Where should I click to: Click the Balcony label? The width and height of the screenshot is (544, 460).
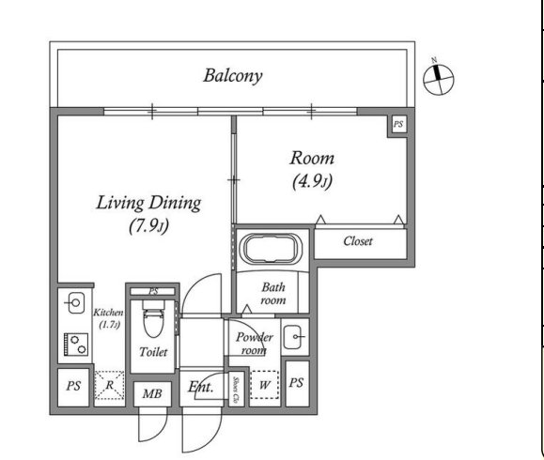point(232,76)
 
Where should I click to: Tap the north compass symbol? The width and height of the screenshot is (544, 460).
point(439,79)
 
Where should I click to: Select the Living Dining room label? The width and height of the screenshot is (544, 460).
point(148,203)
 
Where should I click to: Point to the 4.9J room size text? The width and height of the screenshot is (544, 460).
point(312,181)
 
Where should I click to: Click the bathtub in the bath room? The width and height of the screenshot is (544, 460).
point(272,248)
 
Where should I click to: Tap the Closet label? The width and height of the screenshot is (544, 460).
point(358,241)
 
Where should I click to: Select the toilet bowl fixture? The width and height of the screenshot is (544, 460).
point(153,318)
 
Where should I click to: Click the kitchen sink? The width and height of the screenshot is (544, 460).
point(76,303)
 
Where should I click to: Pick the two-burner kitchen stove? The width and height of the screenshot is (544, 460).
point(76,345)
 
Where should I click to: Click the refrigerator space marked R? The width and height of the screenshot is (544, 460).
point(109,385)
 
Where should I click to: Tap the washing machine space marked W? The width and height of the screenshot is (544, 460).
point(264,385)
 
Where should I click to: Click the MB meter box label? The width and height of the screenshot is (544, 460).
point(152,393)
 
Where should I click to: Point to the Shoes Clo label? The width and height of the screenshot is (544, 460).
point(236,390)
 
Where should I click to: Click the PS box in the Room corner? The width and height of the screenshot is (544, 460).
point(398,124)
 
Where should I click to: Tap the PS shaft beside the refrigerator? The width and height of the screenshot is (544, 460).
point(73,386)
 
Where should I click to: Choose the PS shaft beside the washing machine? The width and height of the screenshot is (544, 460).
point(297,383)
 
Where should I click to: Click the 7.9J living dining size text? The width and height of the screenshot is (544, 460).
point(149,226)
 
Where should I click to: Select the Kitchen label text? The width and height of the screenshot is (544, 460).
point(108,313)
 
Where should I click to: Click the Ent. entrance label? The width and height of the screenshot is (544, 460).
point(201,387)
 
